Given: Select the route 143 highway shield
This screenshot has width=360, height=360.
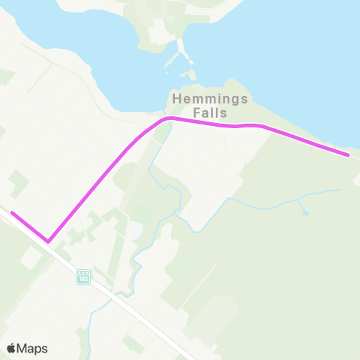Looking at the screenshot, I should pos(83,277).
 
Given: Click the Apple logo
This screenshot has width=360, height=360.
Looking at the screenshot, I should pos(11,348).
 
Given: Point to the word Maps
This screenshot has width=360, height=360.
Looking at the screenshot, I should pos(33,348).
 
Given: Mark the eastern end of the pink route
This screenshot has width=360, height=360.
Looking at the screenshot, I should pos(348,155).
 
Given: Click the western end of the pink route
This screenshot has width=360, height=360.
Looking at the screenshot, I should pos(12,213).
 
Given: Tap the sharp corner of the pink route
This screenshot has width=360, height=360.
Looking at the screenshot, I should pos(48,241).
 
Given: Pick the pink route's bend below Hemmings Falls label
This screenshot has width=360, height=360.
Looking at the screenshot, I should pos(169,118).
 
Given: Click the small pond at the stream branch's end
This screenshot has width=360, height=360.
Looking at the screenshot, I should pos(305,213).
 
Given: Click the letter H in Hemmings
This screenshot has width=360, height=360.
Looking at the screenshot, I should pos(177,98).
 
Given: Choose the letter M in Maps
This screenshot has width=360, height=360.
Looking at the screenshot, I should pos(24,348).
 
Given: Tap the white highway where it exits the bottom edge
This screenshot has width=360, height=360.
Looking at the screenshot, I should pos(189,358).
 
